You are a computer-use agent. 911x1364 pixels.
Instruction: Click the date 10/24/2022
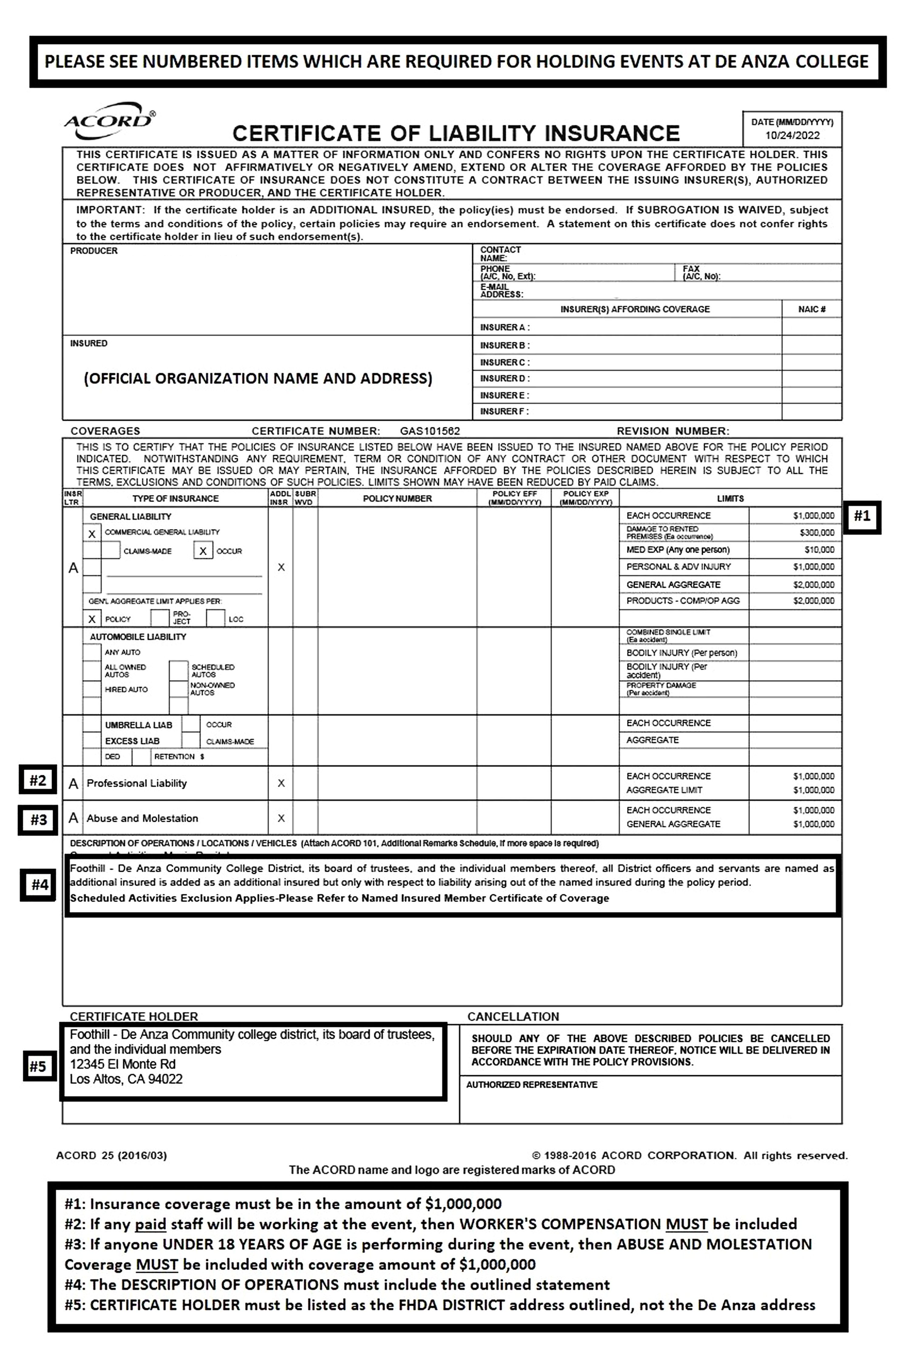pos(792,135)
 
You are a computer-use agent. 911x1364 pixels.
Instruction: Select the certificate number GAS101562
pos(430,431)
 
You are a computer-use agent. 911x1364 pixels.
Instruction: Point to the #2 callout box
pos(38,780)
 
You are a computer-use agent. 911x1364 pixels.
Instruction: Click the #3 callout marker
pos(38,820)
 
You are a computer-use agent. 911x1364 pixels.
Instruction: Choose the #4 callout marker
pos(39,885)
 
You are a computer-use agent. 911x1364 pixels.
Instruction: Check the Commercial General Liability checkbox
pos(92,533)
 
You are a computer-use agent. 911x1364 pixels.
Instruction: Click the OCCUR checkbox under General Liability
pos(203,551)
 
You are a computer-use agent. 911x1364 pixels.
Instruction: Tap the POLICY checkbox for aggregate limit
pos(92,619)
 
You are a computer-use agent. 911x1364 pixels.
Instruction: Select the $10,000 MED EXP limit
pos(819,549)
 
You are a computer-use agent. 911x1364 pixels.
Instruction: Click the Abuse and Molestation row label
pos(142,818)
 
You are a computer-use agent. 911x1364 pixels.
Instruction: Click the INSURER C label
pos(504,362)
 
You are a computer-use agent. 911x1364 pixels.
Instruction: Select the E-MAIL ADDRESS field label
pos(501,290)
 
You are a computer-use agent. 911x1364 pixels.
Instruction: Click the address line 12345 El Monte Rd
pos(123,1064)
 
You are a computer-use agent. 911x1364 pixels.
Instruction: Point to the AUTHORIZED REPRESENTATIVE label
pos(532,1085)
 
